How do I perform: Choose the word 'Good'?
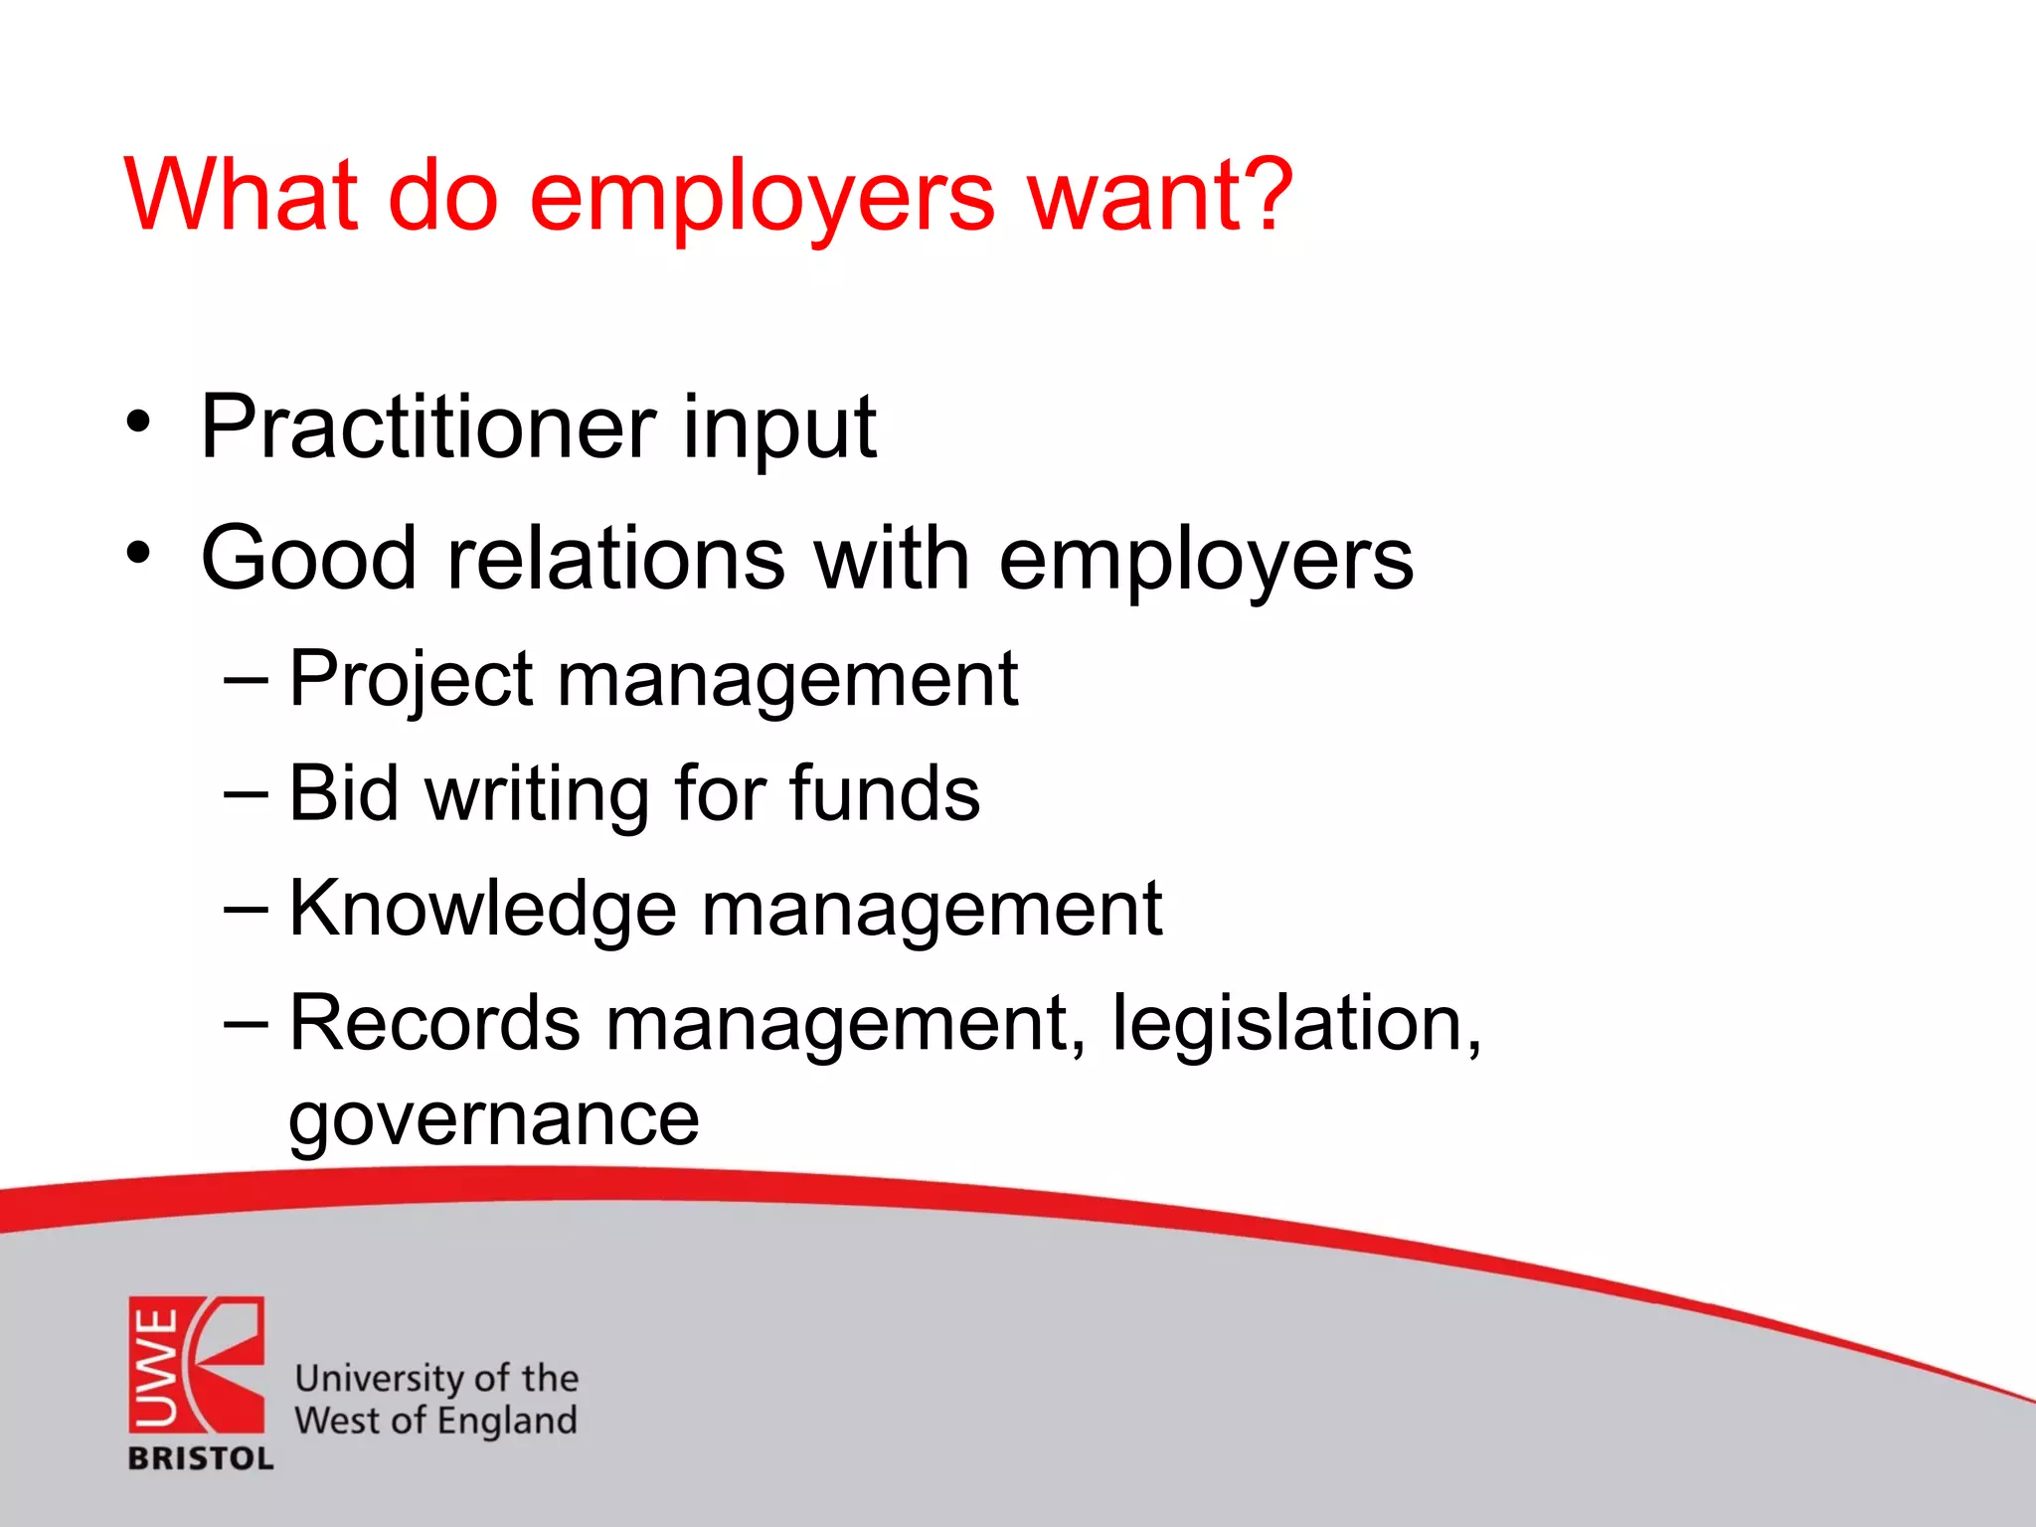(308, 559)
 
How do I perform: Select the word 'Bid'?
(344, 793)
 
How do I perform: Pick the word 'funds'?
(885, 793)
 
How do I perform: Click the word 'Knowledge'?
(483, 909)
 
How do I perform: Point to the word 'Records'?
(434, 1023)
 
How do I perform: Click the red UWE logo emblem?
(197, 1364)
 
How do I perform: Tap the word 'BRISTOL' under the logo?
(201, 1458)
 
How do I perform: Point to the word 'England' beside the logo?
(506, 1422)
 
